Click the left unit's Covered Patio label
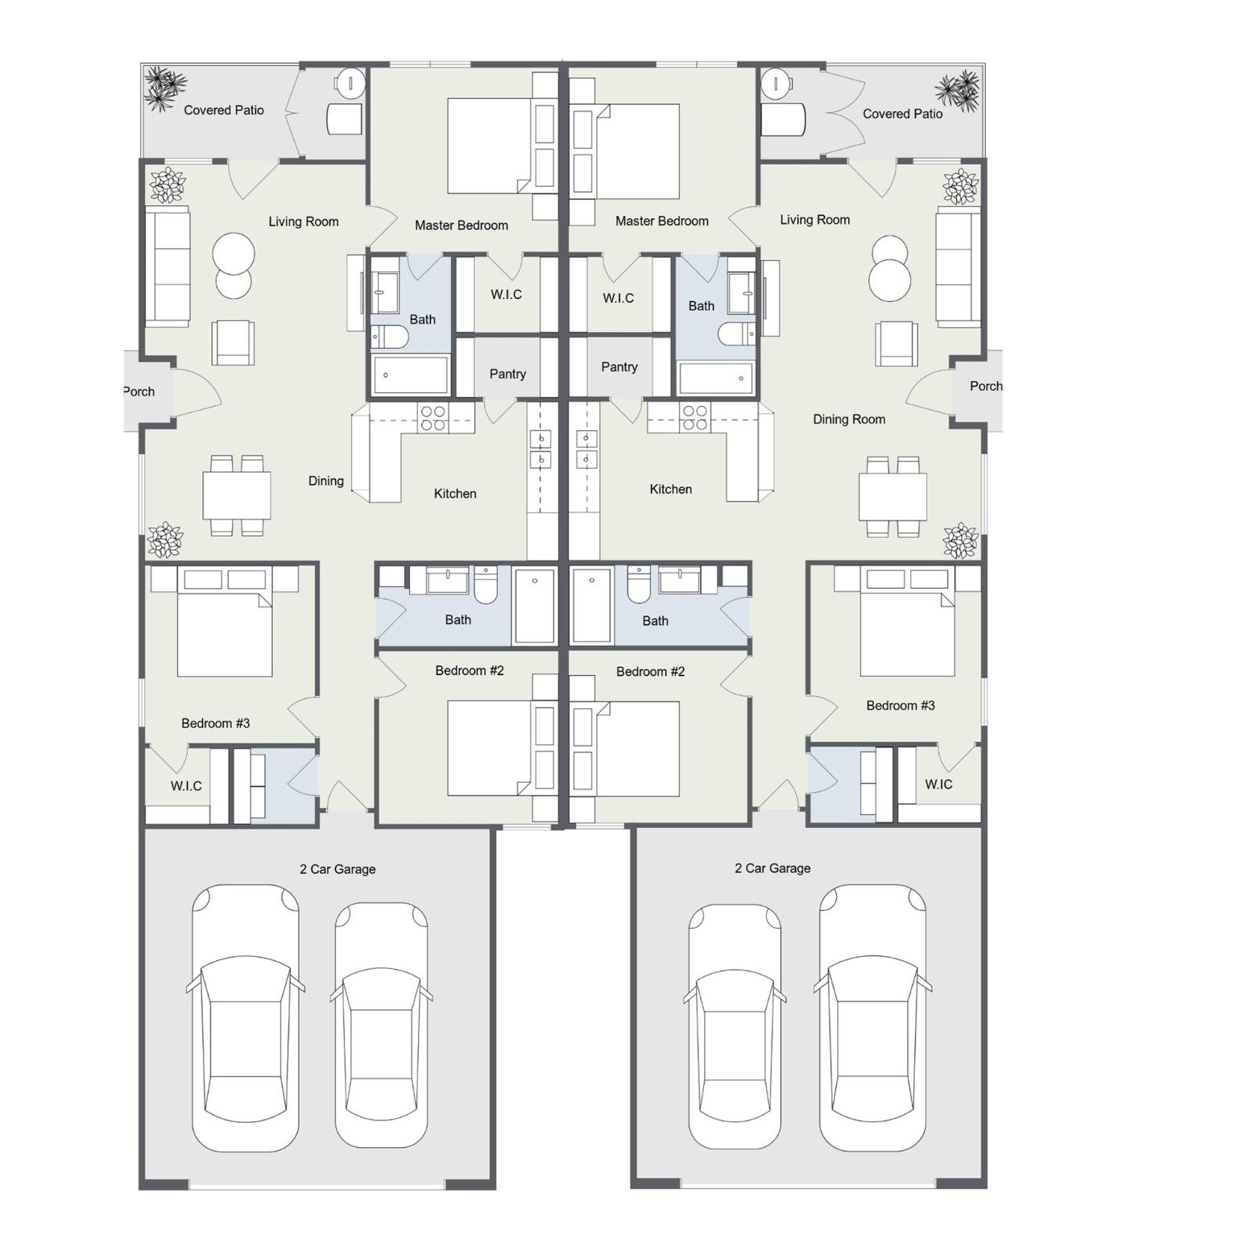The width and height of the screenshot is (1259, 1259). [x=224, y=110]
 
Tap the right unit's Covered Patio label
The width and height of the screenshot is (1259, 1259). [x=902, y=114]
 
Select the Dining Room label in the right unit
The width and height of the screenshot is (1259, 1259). [x=849, y=419]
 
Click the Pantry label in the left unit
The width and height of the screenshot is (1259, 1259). [x=507, y=374]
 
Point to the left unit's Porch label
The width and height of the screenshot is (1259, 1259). [x=139, y=391]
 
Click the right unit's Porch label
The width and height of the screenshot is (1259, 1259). [x=986, y=386]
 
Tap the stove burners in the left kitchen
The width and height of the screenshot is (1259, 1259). [x=433, y=418]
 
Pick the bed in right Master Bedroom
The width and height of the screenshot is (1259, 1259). [x=625, y=151]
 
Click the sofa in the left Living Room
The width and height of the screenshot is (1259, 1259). [x=168, y=267]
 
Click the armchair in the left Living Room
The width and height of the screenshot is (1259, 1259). [x=233, y=342]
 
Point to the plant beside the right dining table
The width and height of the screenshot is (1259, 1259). [x=960, y=540]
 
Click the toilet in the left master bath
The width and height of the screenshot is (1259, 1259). [x=389, y=337]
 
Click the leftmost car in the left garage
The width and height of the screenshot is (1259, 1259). [x=245, y=1018]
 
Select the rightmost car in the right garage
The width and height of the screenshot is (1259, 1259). [x=872, y=1018]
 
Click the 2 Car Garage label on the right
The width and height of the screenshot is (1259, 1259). [x=772, y=868]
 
